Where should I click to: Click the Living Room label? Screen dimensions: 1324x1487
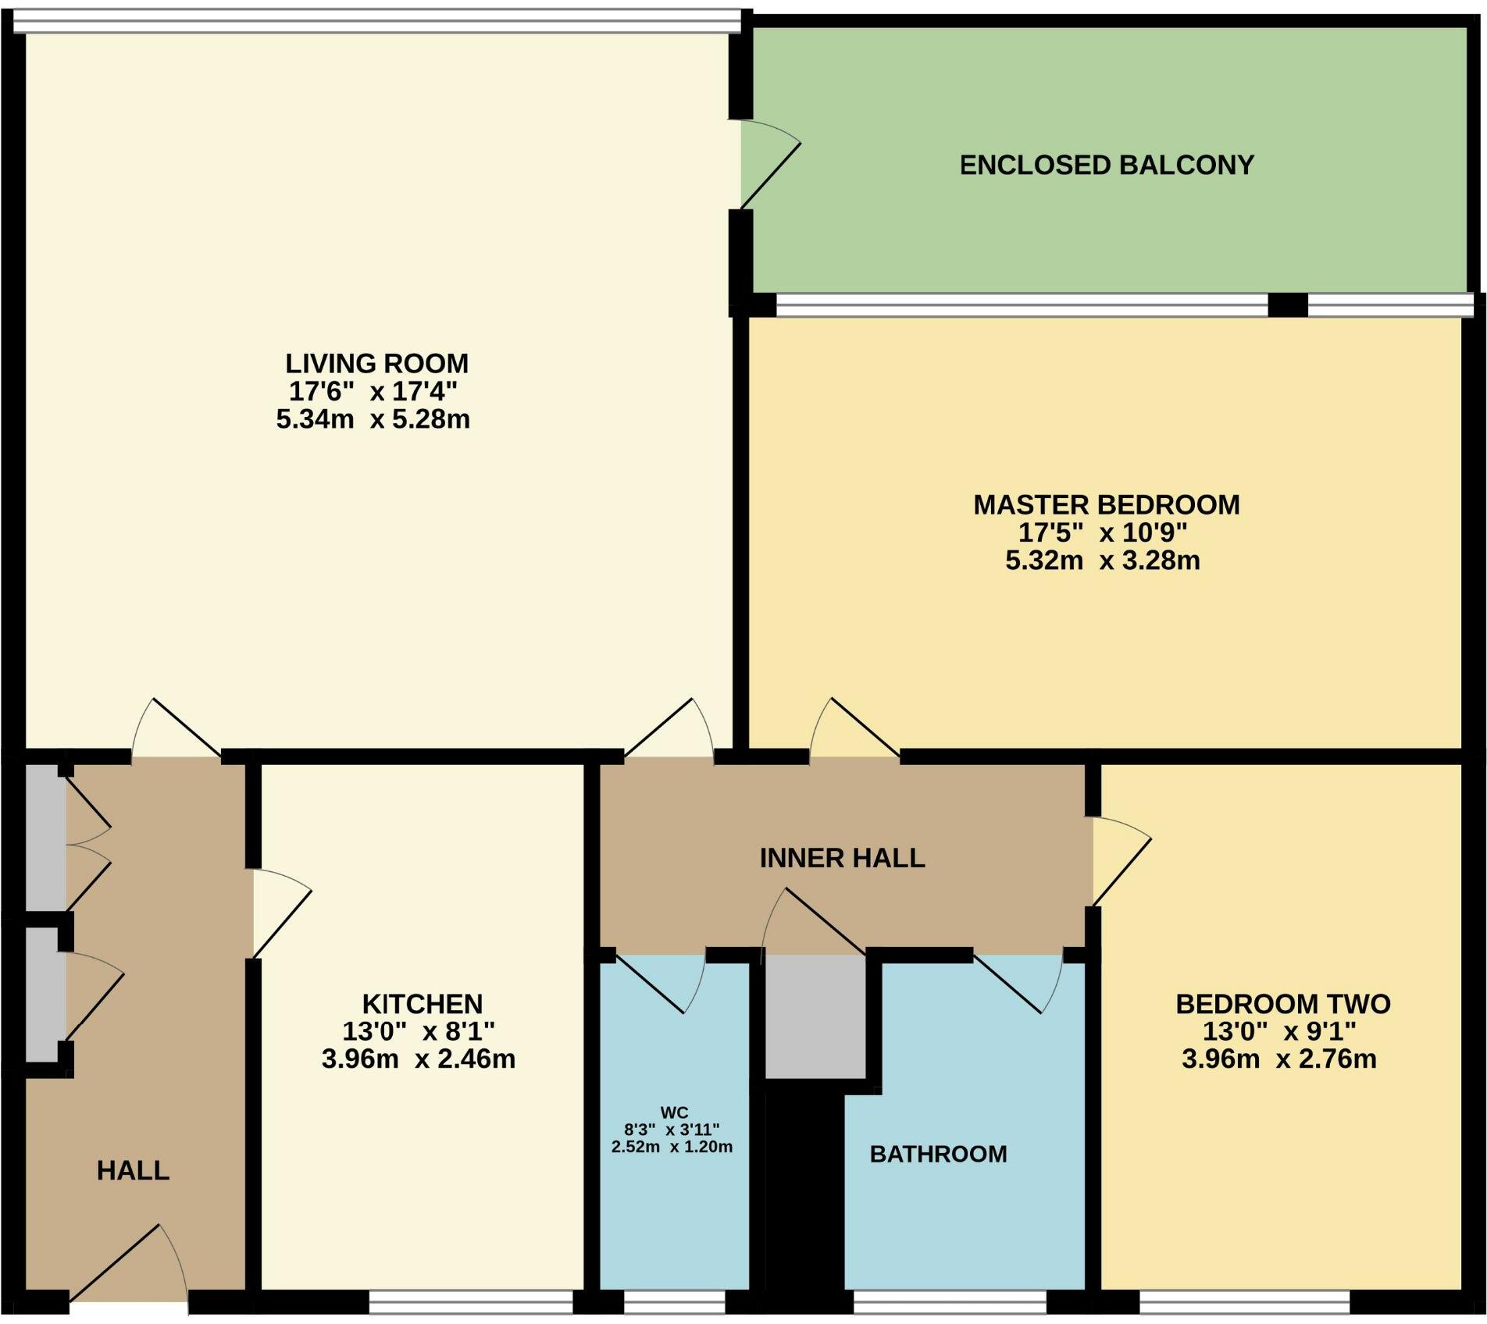pos(376,364)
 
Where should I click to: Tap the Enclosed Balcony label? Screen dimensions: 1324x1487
pos(1107,165)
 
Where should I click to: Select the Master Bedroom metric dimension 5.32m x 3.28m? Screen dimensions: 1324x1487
pos(1102,561)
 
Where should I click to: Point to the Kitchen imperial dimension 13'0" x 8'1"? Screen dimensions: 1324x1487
pos(419,1031)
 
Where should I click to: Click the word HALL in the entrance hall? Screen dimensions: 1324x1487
pos(133,1170)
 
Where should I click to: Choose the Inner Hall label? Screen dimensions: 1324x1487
pos(842,858)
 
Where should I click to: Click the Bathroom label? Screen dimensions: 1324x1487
pos(938,1154)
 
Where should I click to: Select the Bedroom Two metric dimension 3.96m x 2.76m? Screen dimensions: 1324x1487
pos(1278,1059)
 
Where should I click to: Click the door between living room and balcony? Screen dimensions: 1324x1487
pos(769,165)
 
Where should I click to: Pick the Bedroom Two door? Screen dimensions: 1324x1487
pos(1121,863)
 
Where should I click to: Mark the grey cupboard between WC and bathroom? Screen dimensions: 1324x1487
pos(815,1015)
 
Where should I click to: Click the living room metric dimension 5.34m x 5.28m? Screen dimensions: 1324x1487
pos(373,419)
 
